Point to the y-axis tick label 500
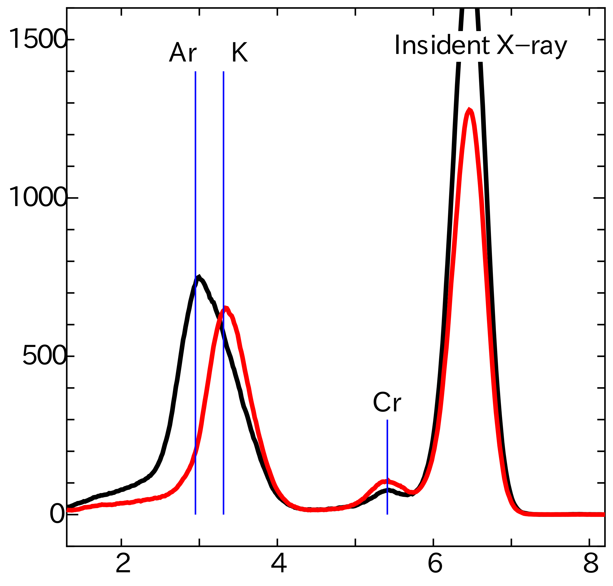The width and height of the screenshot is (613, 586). pos(45,356)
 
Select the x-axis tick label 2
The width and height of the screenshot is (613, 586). pos(123,563)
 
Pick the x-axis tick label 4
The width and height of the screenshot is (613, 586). pos(279,563)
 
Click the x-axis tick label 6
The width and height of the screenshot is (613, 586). pos(435,563)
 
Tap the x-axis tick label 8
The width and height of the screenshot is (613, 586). pos(591,563)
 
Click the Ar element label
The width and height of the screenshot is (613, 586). pos(183,52)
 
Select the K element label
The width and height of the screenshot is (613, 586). pos(239,52)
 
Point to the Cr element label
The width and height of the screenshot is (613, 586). pos(387,403)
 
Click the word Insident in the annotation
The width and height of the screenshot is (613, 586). pos(442,45)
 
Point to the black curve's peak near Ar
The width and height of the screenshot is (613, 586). pos(199,276)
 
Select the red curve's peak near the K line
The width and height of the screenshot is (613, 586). pos(226,307)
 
